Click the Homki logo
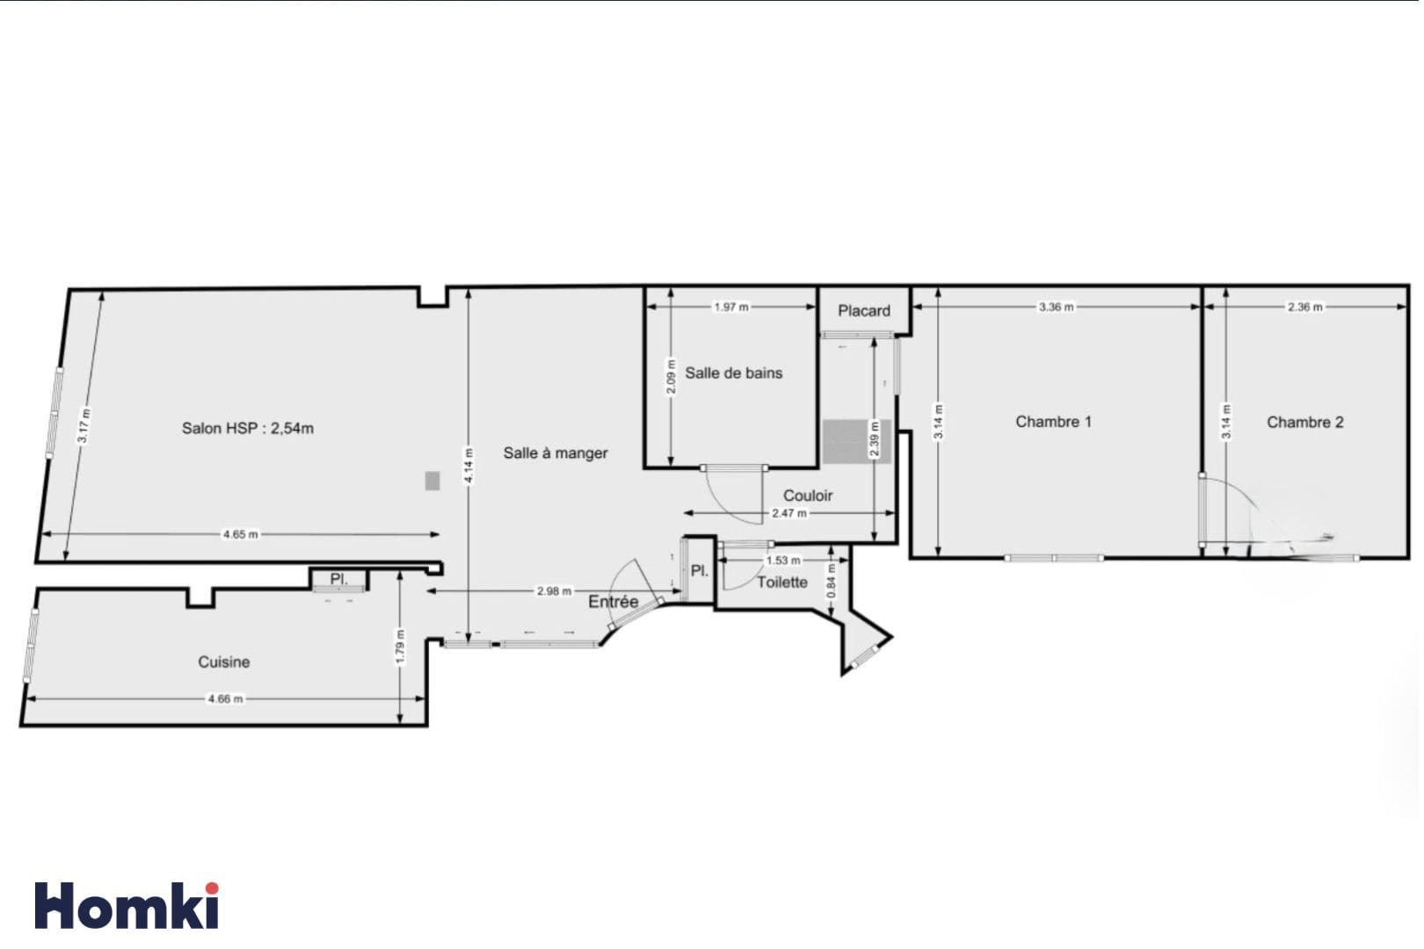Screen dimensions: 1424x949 (x=127, y=905)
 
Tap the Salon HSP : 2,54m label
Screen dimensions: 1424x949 (x=248, y=429)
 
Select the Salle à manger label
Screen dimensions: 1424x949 (x=556, y=453)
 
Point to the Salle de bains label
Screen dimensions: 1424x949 (x=734, y=373)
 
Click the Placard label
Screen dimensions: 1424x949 (x=864, y=311)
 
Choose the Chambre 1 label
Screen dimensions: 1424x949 (x=1053, y=422)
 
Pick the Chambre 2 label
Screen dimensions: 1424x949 (x=1305, y=423)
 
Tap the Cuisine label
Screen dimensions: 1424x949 (x=224, y=663)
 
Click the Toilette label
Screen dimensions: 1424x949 (x=782, y=583)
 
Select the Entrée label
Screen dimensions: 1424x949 (x=613, y=602)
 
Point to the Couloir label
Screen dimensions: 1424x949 (x=807, y=496)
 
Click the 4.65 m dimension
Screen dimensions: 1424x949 (x=240, y=534)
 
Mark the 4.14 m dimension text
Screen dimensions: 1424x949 (x=469, y=466)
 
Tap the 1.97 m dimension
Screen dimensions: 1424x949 (x=731, y=307)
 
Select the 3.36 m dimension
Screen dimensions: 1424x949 (x=1056, y=307)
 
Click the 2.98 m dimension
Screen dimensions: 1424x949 (x=554, y=591)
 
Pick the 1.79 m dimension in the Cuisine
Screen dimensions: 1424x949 (x=400, y=647)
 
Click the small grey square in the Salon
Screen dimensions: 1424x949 (x=432, y=482)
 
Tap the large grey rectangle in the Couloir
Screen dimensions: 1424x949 (x=856, y=441)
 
